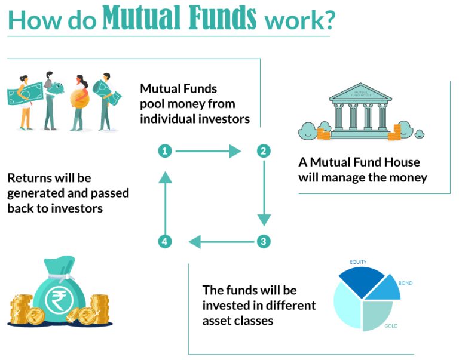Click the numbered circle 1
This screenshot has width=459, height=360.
(x=165, y=151)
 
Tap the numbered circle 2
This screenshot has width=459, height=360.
(x=263, y=151)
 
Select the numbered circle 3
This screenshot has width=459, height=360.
(x=263, y=242)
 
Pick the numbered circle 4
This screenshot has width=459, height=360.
(x=165, y=242)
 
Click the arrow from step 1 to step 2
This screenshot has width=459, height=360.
(x=209, y=151)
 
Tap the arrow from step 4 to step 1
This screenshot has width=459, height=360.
(x=165, y=200)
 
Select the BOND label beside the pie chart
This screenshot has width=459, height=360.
(x=405, y=282)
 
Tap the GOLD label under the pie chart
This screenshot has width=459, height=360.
(x=391, y=326)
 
